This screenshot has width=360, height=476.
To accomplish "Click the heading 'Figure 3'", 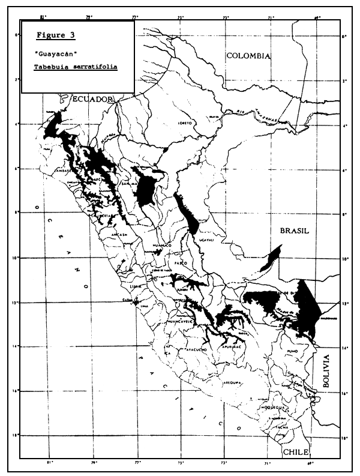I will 59,35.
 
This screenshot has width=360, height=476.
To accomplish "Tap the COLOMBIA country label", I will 248,56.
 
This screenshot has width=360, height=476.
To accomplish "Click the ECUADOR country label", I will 92,100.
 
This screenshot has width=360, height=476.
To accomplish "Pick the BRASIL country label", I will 293,230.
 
